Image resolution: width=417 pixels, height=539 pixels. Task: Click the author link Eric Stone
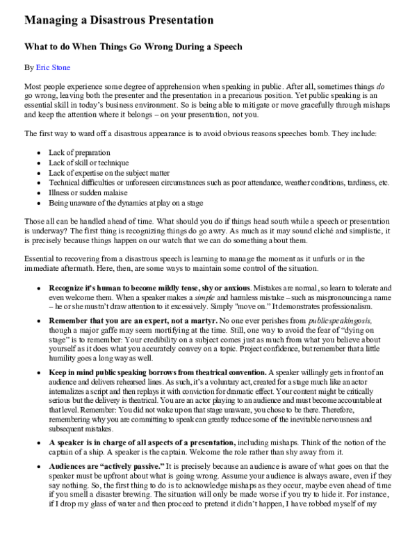[52, 68]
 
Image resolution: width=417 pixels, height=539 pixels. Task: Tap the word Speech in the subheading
[223, 47]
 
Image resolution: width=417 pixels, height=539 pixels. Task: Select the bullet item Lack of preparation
[79, 152]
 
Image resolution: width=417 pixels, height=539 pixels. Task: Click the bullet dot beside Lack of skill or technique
[37, 163]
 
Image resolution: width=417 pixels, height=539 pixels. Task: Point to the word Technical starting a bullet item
[65, 183]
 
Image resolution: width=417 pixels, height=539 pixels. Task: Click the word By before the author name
[28, 68]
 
